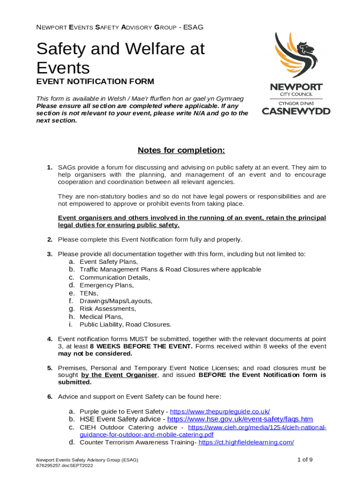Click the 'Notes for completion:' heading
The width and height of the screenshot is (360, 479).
(181, 150)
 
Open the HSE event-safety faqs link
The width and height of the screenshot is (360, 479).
(240, 419)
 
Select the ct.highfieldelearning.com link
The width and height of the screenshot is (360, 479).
(246, 442)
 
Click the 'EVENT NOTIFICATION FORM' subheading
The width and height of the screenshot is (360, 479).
(95, 82)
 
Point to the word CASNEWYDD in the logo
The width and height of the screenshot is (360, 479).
(296, 111)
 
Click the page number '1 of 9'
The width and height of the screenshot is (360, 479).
(305, 459)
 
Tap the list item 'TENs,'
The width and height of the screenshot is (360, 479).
(89, 293)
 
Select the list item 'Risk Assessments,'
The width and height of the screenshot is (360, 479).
(108, 309)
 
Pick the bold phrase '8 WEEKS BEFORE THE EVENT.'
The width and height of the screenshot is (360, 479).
(141, 346)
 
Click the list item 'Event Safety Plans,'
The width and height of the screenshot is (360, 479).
(109, 261)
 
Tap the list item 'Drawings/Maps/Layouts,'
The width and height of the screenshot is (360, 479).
(116, 301)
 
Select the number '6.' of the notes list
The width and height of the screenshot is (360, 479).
(50, 397)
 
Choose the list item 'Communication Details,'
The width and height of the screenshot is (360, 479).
(115, 277)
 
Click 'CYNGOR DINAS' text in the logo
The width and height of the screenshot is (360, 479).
(296, 102)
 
